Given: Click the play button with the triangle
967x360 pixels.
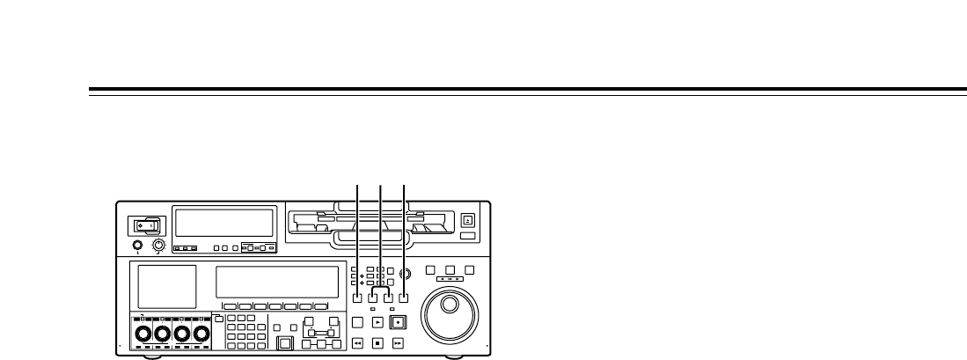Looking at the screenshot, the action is point(378,322).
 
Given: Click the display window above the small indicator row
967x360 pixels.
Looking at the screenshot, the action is point(223,222).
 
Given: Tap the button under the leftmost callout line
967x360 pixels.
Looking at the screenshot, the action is point(358,298).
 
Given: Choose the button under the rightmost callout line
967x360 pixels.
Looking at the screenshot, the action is point(403,298).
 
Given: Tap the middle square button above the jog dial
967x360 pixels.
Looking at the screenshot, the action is point(450,269).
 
